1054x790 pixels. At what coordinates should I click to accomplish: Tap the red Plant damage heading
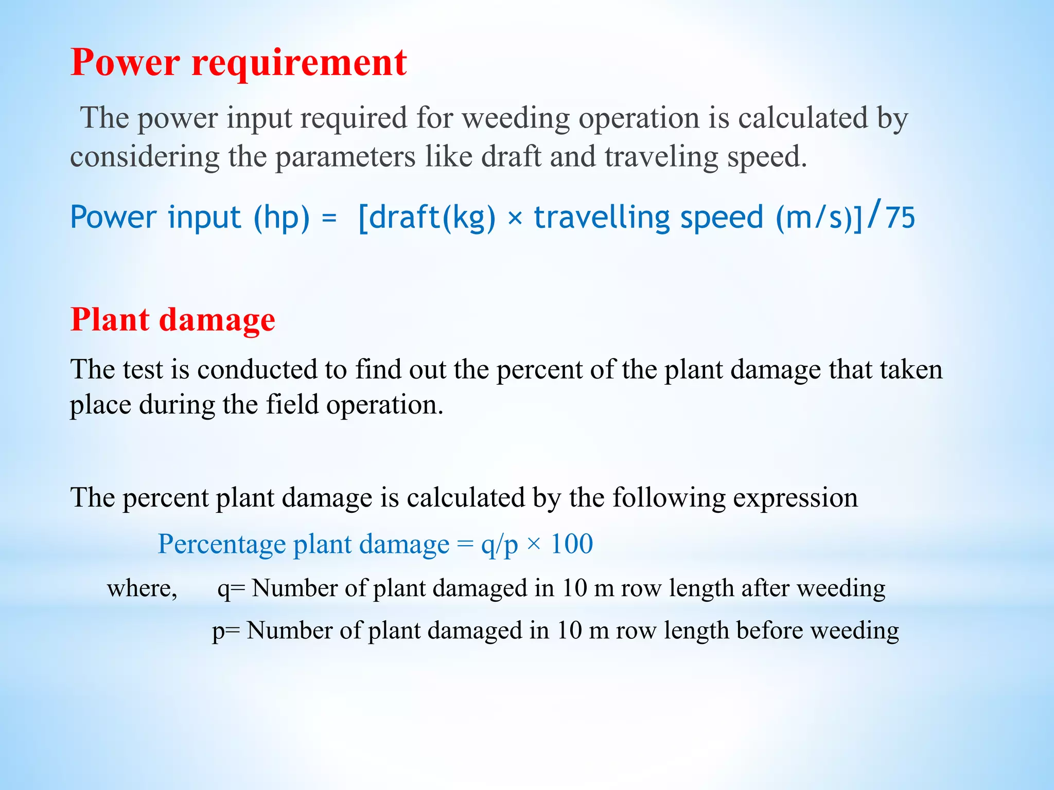point(173,319)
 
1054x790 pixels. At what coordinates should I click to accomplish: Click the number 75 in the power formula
point(900,218)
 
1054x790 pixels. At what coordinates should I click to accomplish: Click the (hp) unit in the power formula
point(282,218)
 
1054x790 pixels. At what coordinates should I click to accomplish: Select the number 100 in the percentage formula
point(572,544)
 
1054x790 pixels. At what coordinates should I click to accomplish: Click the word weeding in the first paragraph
point(515,119)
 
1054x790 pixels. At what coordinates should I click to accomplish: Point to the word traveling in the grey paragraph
point(661,156)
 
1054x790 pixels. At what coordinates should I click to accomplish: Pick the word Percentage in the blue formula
point(222,545)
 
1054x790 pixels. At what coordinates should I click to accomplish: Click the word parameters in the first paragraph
point(345,157)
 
